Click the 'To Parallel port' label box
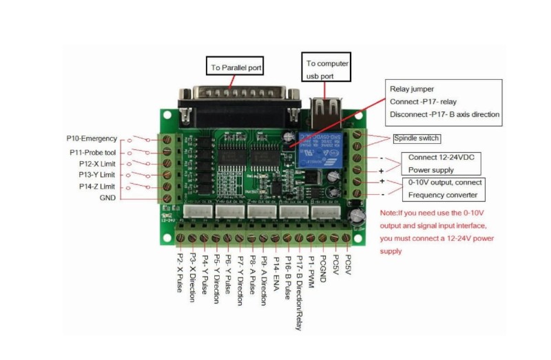pyautogui.click(x=235, y=67)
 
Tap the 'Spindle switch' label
pyautogui.click(x=416, y=138)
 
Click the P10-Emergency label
pyautogui.click(x=93, y=138)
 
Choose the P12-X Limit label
pyautogui.click(x=97, y=164)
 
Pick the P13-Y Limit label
pyautogui.click(x=97, y=175)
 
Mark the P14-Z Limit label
pyautogui.click(x=97, y=187)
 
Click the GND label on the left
pyautogui.click(x=107, y=198)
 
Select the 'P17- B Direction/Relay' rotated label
pyautogui.click(x=300, y=288)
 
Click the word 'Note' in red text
pyautogui.click(x=388, y=213)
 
